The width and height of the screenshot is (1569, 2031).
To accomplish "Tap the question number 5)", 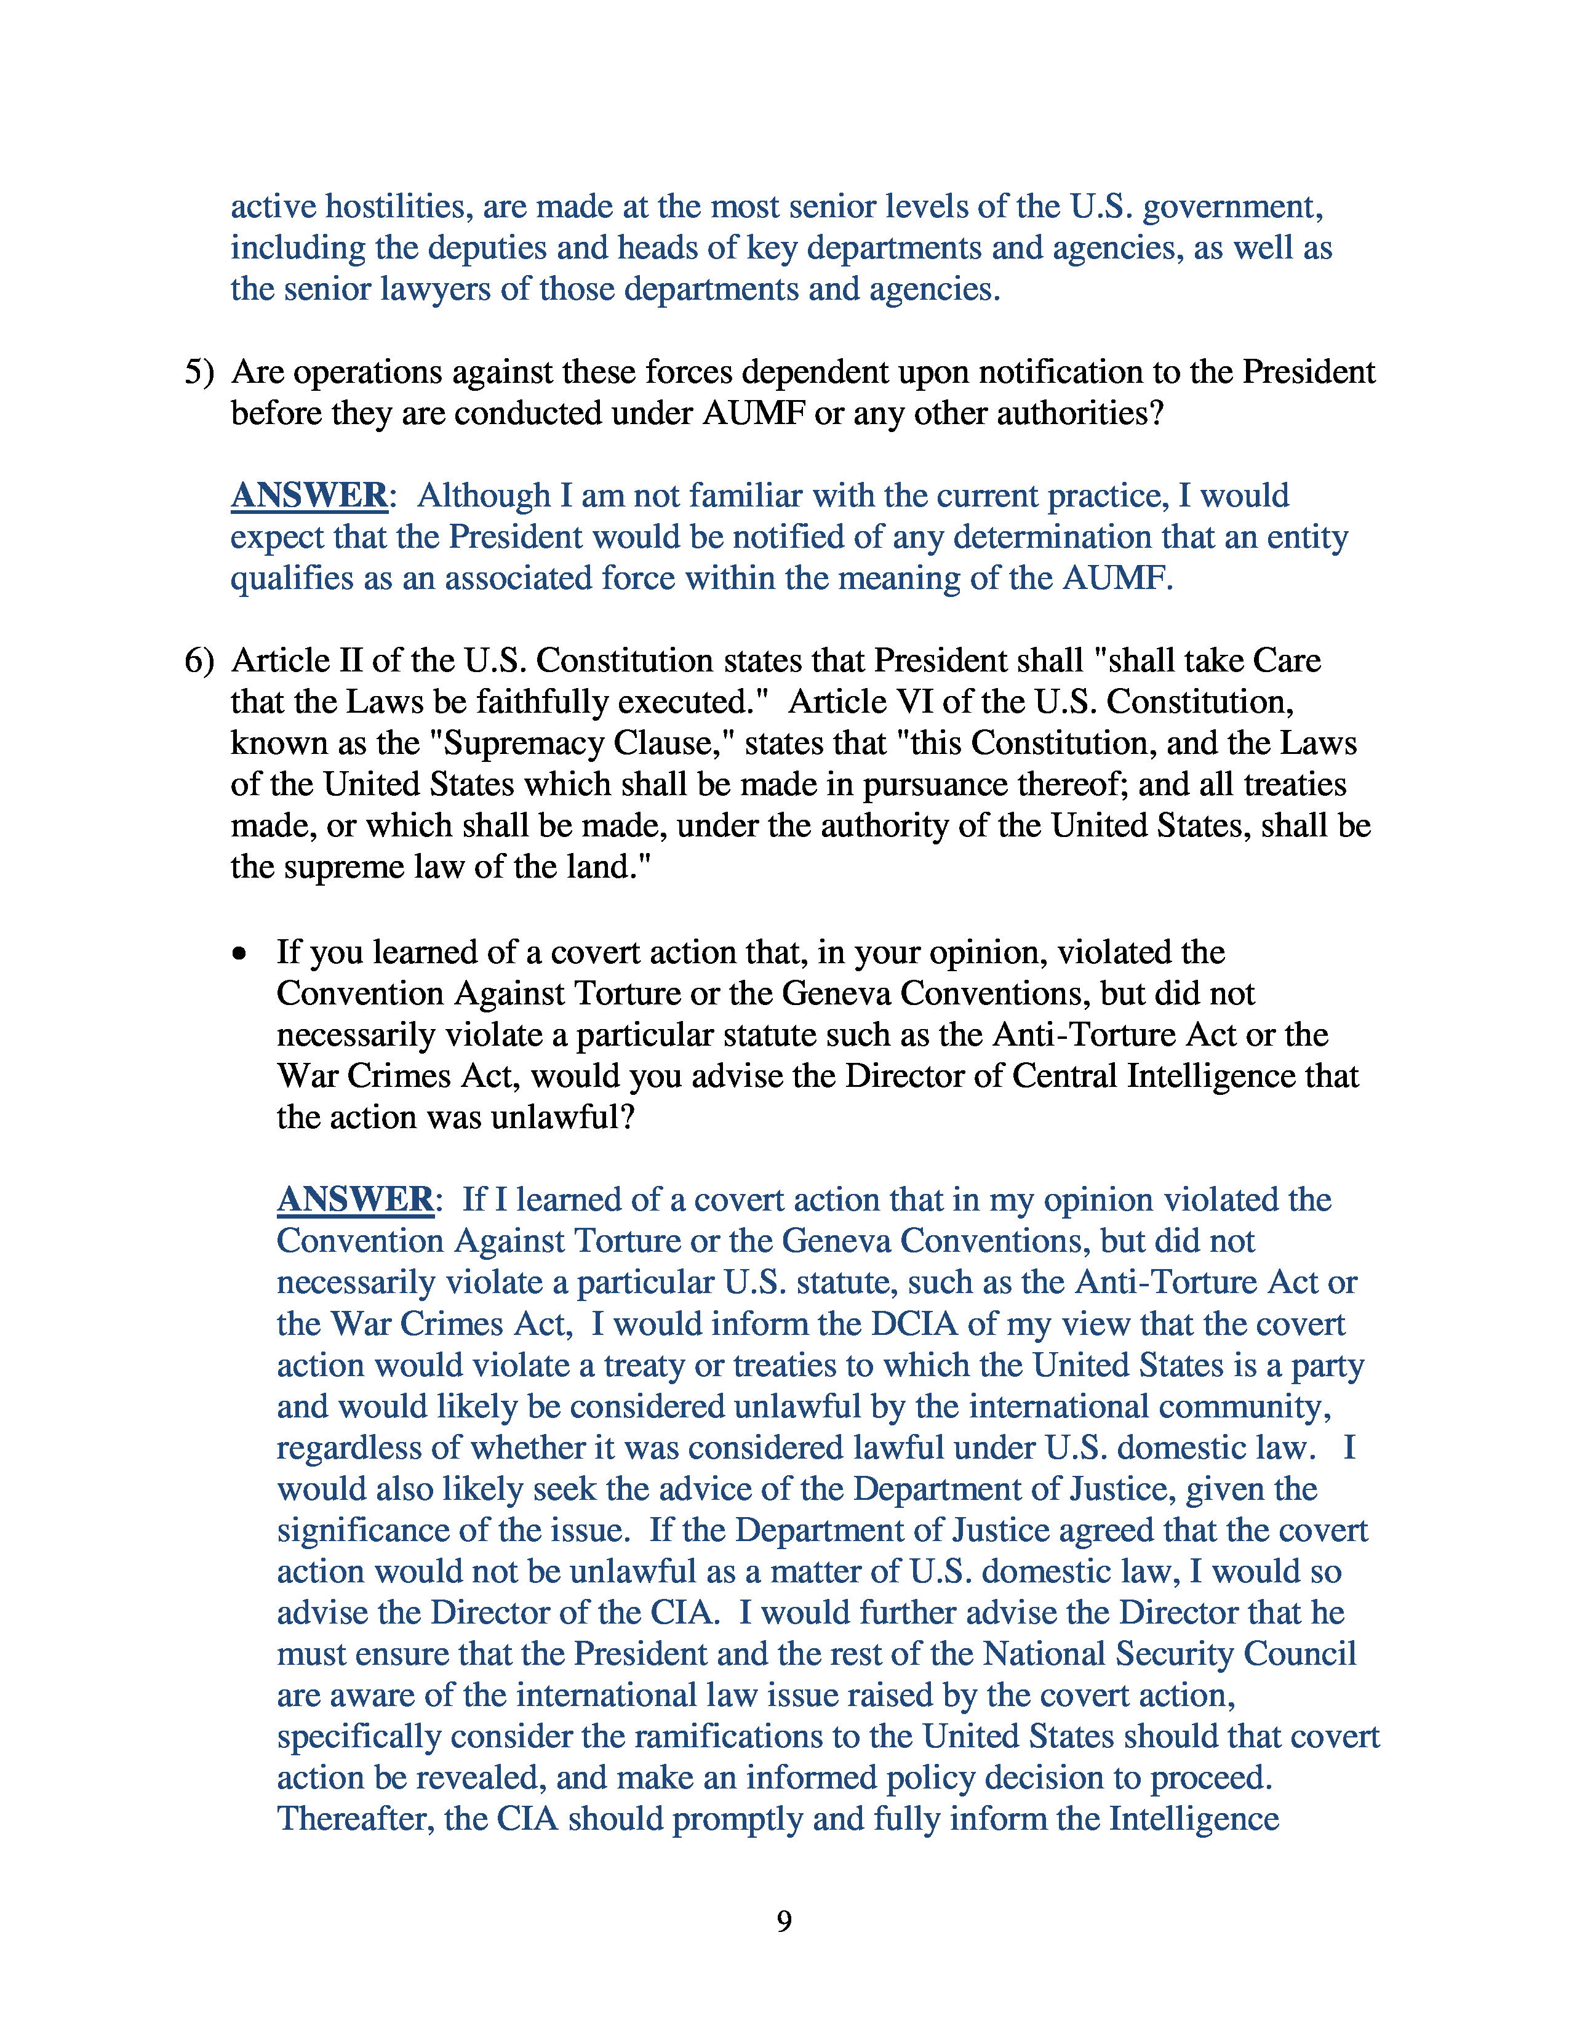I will coord(199,372).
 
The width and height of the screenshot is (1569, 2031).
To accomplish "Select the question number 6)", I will coord(199,660).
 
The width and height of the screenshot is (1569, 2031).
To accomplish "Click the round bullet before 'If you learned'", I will coord(240,953).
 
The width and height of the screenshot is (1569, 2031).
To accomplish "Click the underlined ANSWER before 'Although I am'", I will coord(309,495).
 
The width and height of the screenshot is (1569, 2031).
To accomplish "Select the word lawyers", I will coord(436,289).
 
